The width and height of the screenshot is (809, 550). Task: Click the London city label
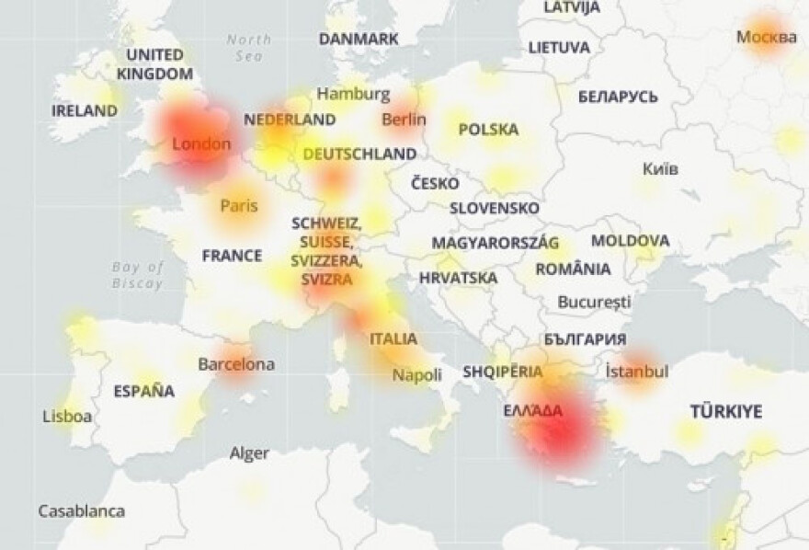click(201, 143)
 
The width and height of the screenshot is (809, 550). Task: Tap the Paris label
click(238, 206)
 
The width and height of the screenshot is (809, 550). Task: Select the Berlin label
click(404, 119)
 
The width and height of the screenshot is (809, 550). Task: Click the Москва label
click(767, 38)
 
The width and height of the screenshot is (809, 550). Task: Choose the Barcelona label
click(236, 364)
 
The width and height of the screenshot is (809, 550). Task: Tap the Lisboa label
click(67, 417)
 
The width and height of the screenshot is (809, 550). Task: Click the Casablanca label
click(81, 510)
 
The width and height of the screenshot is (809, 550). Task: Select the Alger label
click(249, 453)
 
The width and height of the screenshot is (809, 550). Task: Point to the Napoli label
click(417, 375)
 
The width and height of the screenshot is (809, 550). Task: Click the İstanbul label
click(637, 372)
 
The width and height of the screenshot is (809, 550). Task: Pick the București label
click(595, 302)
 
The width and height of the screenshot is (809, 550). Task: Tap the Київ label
click(660, 168)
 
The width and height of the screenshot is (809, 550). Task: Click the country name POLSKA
click(488, 130)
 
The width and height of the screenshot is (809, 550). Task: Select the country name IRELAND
click(85, 110)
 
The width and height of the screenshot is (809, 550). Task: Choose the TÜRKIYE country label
click(726, 411)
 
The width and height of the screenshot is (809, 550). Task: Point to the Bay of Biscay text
click(138, 275)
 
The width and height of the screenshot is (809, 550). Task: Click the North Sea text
click(249, 47)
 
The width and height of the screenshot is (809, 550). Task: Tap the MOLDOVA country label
click(630, 241)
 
